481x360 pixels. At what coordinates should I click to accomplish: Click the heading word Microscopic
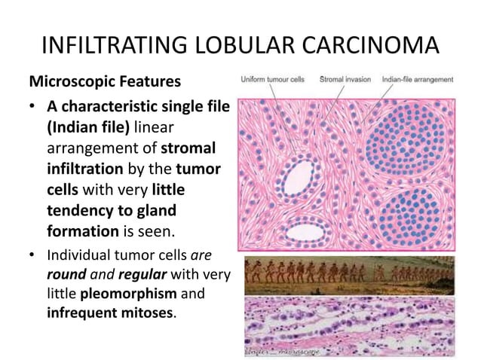tap(68, 80)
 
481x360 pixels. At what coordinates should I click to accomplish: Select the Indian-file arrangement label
tap(418, 78)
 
